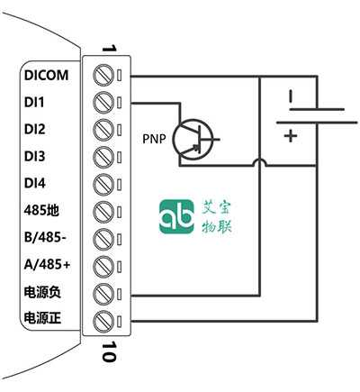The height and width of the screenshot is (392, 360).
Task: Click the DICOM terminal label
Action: pos(46,75)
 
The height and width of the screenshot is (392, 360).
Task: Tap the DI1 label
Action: pos(34,103)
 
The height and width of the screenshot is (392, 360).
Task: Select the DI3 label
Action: pos(34,156)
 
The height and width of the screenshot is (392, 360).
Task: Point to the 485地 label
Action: pos(41,210)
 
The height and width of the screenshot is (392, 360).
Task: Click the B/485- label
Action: pos(45,237)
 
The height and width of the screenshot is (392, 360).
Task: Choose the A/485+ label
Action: pos(47,265)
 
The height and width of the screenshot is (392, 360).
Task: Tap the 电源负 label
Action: pos(42,292)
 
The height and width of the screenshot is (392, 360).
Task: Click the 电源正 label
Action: pos(42,318)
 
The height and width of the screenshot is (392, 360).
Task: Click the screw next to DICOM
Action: pos(103,76)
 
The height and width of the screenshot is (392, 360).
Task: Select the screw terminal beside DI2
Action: pos(103,130)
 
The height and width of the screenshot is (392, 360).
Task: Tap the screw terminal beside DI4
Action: pos(103,184)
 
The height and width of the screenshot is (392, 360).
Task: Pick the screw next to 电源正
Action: pos(103,320)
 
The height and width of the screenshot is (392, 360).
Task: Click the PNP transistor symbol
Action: pos(193,140)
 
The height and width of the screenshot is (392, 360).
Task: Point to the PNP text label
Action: pos(154,139)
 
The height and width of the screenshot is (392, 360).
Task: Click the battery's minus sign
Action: pos(291,96)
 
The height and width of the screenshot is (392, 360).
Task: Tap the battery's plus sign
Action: pos(291,136)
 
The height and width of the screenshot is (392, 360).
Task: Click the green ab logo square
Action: pos(176,216)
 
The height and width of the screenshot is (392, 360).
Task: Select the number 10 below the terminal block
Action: pos(109,351)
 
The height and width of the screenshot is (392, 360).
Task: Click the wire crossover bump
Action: pos(259,162)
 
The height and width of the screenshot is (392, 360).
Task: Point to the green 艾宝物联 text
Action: pos(217,216)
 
